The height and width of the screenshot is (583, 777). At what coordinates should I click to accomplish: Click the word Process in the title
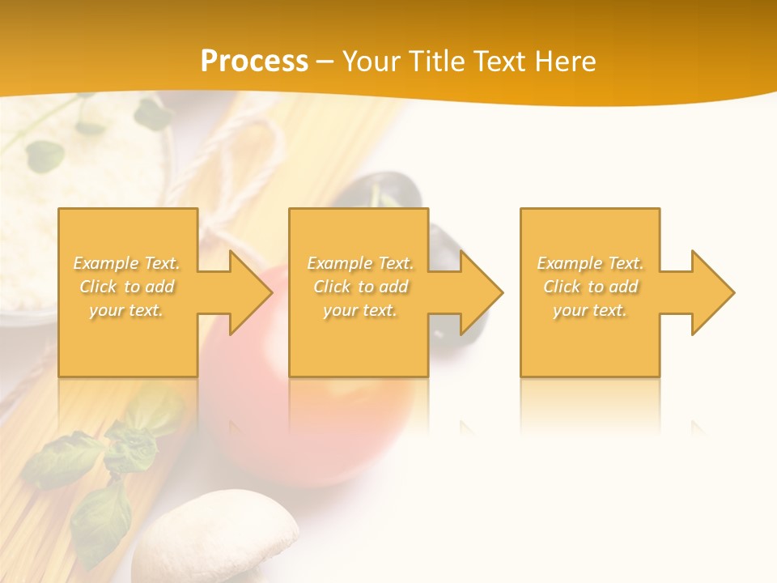[254, 62]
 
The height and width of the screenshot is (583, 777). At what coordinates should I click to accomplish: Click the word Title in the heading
[431, 62]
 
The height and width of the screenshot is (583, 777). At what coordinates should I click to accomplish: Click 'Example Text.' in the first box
[127, 263]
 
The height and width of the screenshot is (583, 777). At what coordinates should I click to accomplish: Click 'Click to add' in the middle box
[360, 287]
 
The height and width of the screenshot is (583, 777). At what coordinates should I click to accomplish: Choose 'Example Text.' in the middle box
[360, 263]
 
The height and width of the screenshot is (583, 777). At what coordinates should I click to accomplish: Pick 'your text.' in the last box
[590, 310]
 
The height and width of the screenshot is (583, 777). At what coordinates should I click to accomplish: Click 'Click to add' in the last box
[590, 287]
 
